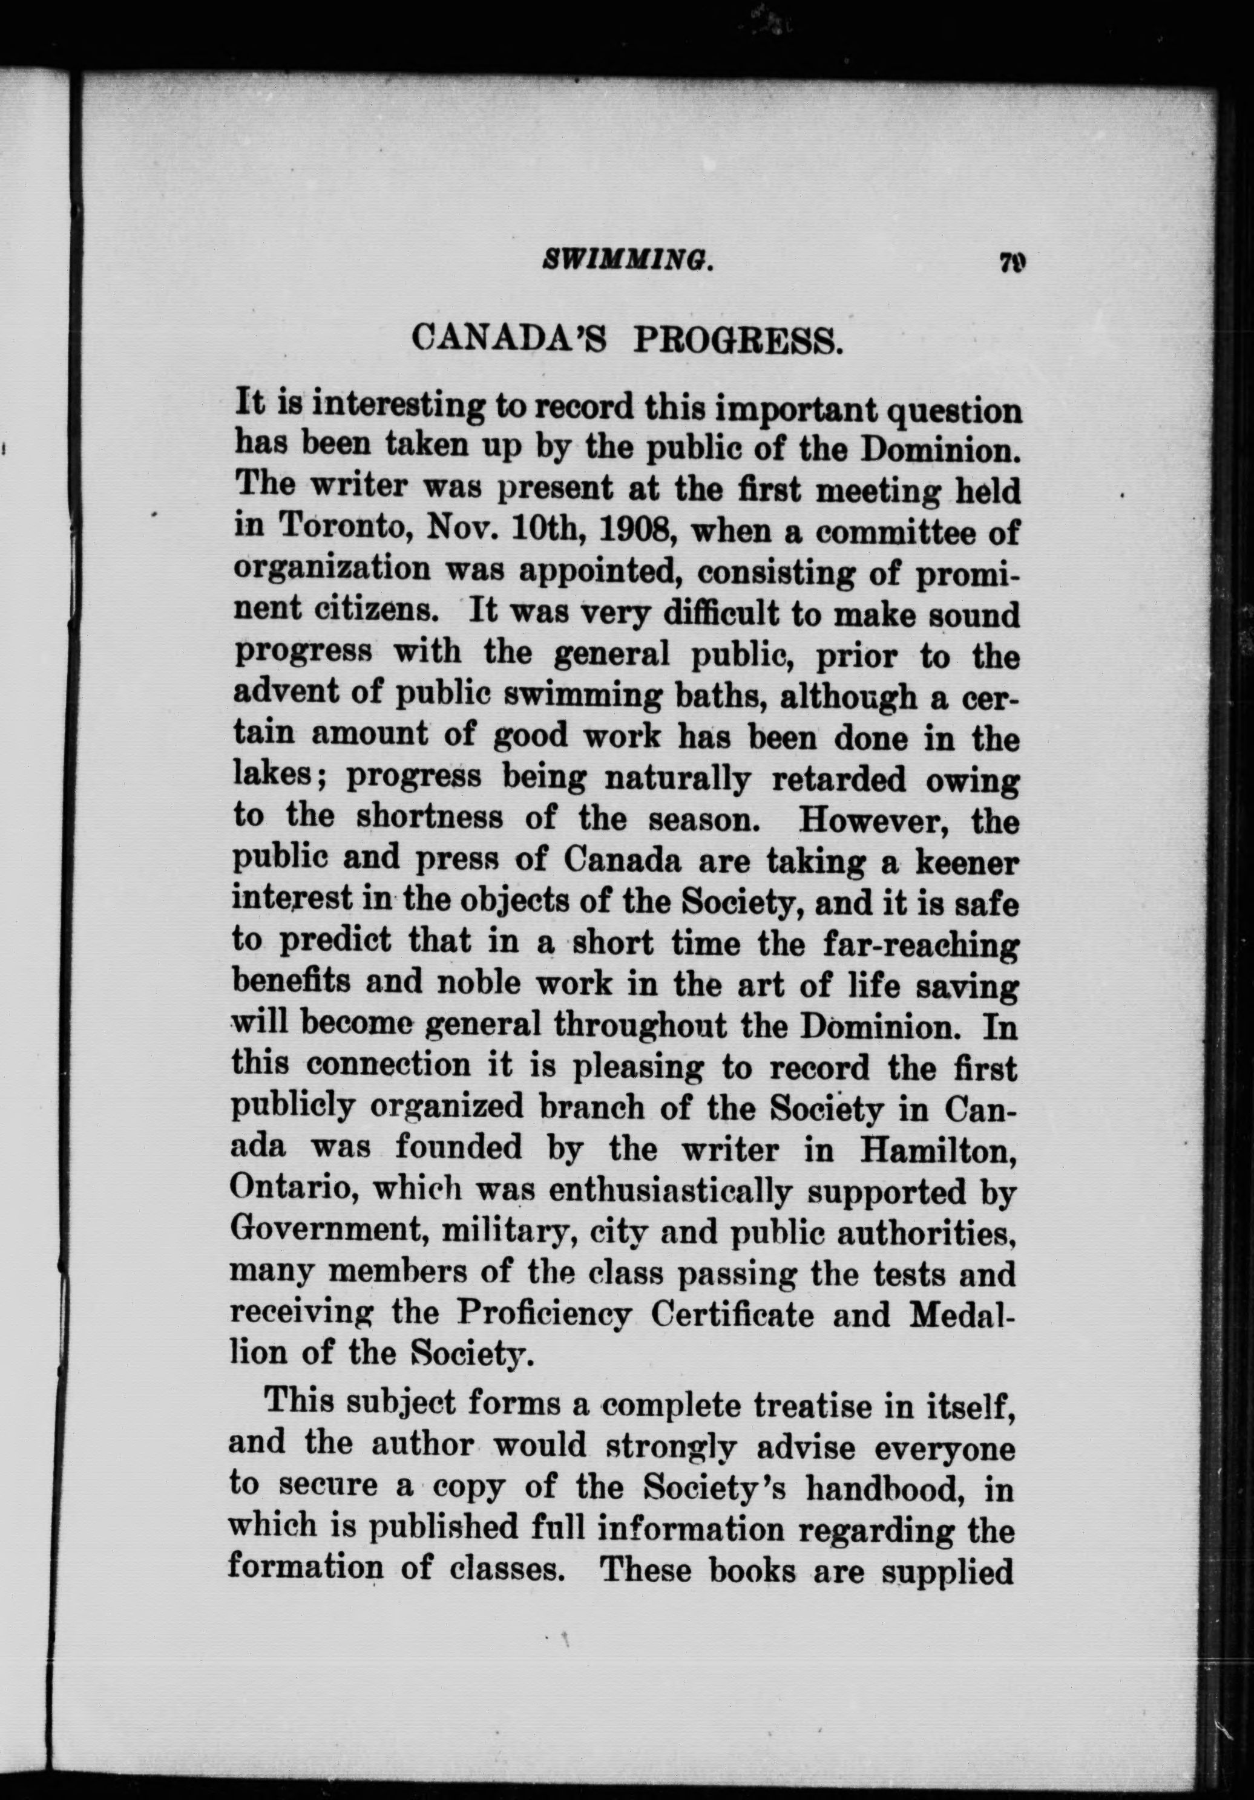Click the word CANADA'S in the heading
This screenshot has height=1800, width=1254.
pos(508,342)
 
